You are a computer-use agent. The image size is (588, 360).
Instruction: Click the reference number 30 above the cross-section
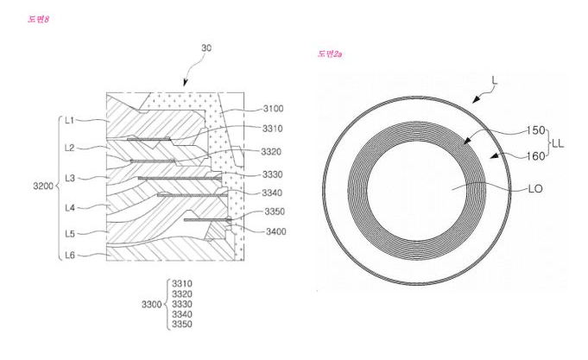click(x=206, y=48)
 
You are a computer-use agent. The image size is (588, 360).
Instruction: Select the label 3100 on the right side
click(x=273, y=109)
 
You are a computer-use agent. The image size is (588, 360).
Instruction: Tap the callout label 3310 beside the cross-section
click(x=272, y=129)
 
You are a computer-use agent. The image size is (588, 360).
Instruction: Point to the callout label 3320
click(x=271, y=151)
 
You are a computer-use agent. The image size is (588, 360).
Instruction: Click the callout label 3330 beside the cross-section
click(x=272, y=174)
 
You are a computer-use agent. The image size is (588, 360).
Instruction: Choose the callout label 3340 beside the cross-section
click(x=272, y=193)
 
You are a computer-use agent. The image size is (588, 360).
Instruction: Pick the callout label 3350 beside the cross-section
click(x=275, y=212)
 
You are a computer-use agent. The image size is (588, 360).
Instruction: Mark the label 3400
click(x=276, y=231)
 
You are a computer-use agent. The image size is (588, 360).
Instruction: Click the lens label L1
click(x=70, y=120)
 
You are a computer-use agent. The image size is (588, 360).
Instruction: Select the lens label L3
click(x=70, y=178)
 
